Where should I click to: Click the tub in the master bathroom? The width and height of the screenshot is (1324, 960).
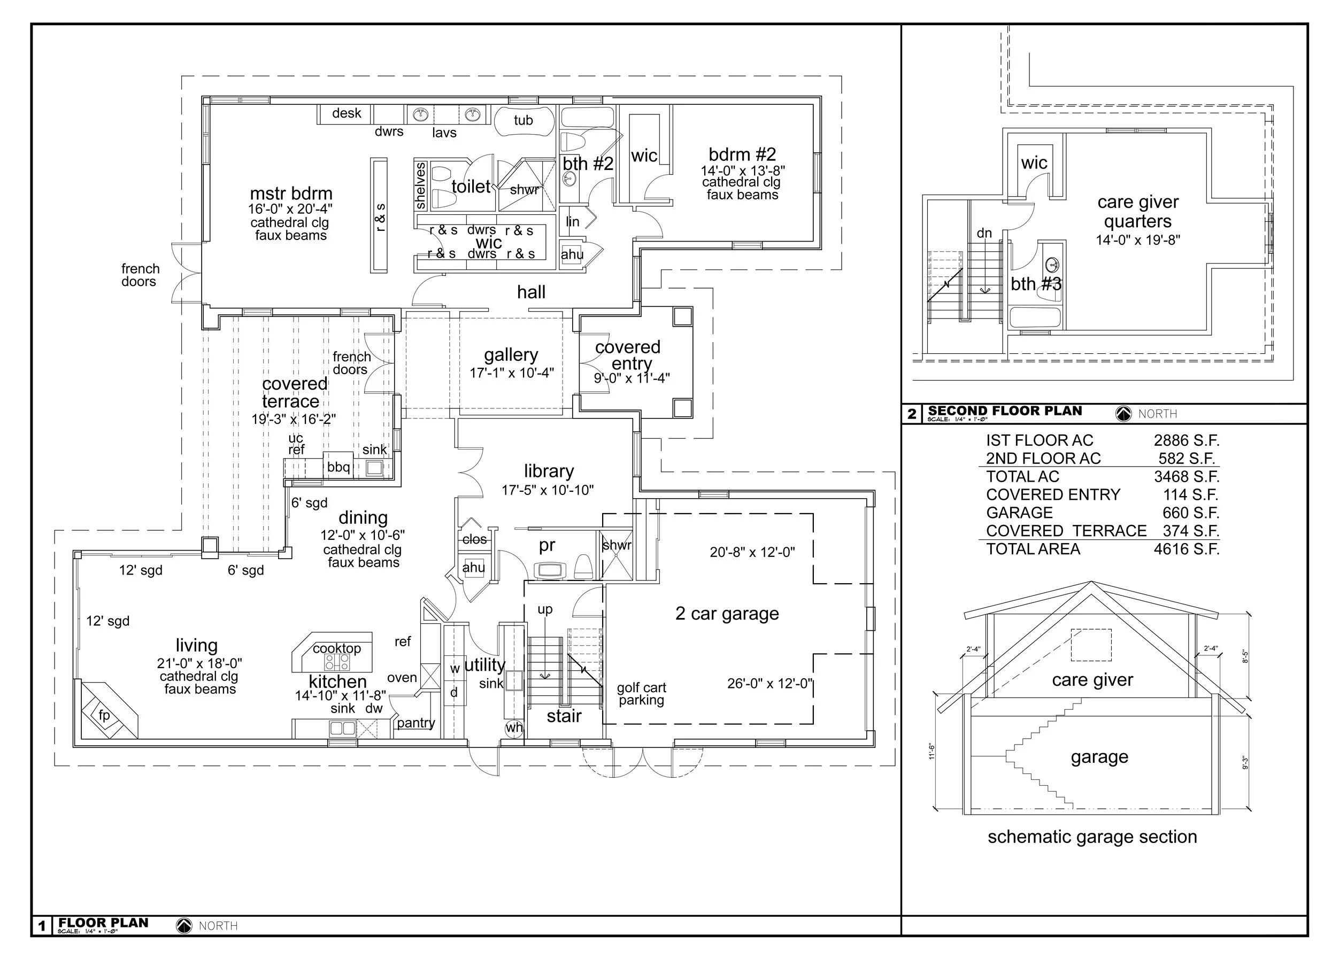[x=524, y=121]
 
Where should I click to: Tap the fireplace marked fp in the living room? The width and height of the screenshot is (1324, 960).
[x=104, y=715]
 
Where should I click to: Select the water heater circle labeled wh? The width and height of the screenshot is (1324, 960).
[x=514, y=727]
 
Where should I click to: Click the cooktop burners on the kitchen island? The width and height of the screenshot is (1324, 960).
[x=337, y=662]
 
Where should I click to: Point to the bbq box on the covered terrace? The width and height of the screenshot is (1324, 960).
[x=338, y=467]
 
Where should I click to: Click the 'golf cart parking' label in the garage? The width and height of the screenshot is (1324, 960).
[x=641, y=694]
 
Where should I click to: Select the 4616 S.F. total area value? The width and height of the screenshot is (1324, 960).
[x=1186, y=549]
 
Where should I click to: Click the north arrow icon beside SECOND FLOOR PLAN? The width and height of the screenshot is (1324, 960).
[x=1123, y=414]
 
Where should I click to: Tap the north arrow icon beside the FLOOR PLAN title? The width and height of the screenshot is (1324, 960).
[x=184, y=926]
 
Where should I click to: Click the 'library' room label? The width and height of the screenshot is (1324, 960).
[x=548, y=471]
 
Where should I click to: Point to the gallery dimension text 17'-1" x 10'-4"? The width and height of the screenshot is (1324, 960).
[x=511, y=373]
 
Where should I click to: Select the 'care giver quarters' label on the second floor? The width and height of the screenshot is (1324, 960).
[x=1138, y=211]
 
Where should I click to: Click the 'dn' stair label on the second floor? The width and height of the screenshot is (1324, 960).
[x=984, y=234]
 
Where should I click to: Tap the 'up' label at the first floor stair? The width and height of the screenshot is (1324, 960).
[x=545, y=609]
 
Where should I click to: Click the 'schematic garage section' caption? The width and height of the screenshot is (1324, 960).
[x=1091, y=837]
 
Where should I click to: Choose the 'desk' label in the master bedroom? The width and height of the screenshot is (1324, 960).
[x=346, y=113]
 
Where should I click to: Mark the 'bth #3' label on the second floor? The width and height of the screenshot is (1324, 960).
[x=1036, y=284]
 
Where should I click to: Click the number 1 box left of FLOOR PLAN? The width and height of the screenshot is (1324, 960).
[x=42, y=926]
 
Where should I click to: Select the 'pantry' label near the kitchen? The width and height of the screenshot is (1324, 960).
[x=415, y=723]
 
